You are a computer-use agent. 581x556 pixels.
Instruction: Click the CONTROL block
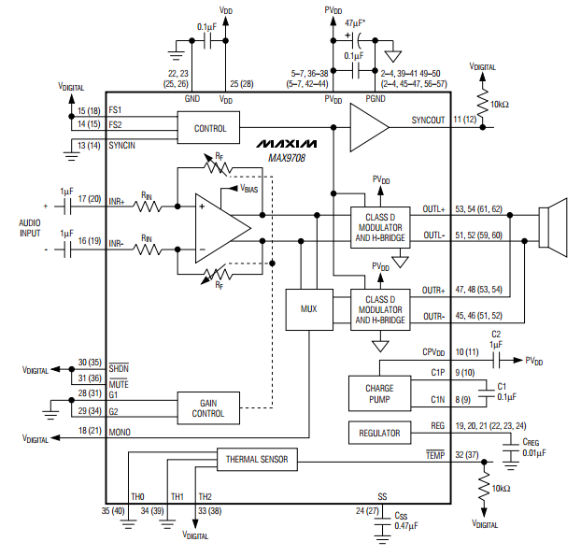click(x=208, y=127)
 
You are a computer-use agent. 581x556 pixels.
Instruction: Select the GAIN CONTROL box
click(x=208, y=408)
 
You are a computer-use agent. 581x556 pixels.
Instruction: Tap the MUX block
click(x=309, y=309)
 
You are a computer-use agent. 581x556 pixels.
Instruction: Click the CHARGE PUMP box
click(x=379, y=393)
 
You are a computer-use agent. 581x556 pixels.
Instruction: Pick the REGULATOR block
click(x=379, y=433)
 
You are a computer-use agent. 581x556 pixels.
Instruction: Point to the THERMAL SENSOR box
click(x=257, y=460)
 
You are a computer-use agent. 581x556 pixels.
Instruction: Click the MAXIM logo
click(x=287, y=144)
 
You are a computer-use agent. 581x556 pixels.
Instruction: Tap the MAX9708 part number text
click(x=287, y=158)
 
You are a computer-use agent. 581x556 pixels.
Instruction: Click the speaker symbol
click(x=553, y=227)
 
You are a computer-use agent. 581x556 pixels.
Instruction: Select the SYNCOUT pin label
click(x=428, y=121)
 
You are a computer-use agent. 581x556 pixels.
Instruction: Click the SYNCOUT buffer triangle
click(x=369, y=127)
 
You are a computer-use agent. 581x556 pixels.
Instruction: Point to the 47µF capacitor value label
click(x=355, y=23)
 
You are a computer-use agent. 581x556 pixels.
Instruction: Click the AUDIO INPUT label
click(x=30, y=228)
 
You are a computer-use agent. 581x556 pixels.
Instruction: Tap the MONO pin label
click(x=120, y=433)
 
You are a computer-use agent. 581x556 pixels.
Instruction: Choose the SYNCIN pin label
click(x=122, y=145)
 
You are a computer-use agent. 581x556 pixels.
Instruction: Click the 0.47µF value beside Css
click(x=406, y=525)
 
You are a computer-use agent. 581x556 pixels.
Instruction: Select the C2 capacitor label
click(x=496, y=334)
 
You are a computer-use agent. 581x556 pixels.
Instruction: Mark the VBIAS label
click(x=249, y=189)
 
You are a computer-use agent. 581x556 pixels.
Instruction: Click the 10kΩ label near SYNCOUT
click(x=500, y=105)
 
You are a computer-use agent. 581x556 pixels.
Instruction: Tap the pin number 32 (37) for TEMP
click(x=467, y=455)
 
